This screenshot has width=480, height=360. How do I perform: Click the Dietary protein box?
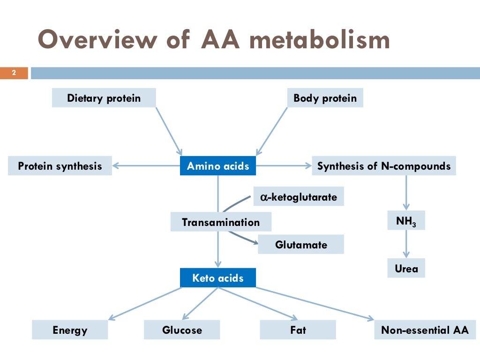coord(104,98)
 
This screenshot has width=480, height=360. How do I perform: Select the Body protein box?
coord(325,98)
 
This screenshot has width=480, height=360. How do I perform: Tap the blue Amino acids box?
coord(218,166)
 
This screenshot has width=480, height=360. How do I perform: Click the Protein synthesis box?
coord(60,166)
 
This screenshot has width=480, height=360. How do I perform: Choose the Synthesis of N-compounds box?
coord(383,166)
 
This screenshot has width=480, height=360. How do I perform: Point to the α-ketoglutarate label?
coord(299,197)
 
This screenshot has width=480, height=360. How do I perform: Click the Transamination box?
coord(221,222)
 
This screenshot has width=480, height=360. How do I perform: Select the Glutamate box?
coord(301,245)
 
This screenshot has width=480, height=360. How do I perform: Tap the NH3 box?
coord(406,221)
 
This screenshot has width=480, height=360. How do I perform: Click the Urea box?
coord(406,269)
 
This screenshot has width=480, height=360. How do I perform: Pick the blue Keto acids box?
coord(218,278)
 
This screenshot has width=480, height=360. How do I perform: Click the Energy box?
coord(70,330)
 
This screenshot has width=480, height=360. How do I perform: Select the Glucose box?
coord(182,330)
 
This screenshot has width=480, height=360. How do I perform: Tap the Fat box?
coord(298,330)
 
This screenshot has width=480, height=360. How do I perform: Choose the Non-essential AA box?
coord(425,330)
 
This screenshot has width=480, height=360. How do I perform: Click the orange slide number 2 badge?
coord(14,73)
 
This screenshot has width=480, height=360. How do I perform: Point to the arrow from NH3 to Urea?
coord(406,244)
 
